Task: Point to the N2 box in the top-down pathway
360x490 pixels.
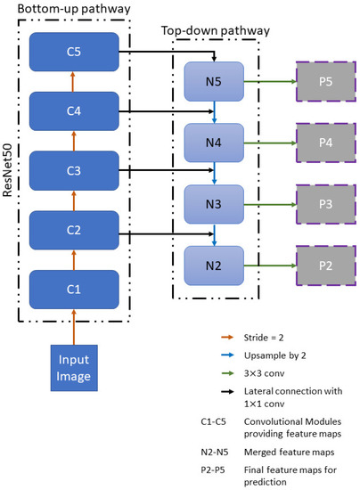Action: [x=212, y=264]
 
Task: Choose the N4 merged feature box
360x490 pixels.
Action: [x=212, y=143]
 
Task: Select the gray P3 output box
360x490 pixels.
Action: [x=323, y=203]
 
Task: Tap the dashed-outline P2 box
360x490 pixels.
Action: [x=323, y=264]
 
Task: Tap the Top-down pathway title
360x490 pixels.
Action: [x=210, y=30]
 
